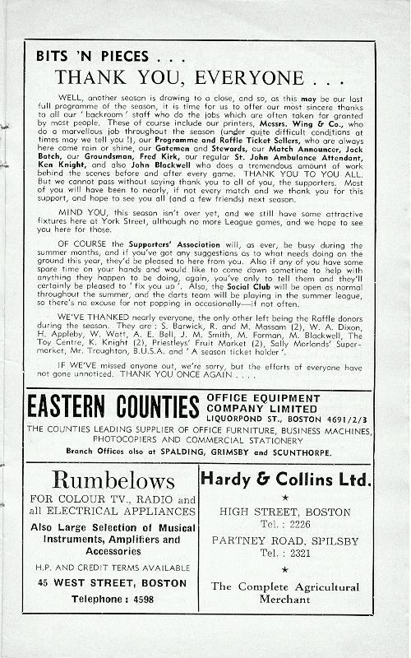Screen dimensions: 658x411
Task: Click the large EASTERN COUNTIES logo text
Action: click(113, 406)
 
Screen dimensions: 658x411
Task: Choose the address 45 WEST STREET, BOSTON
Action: click(112, 583)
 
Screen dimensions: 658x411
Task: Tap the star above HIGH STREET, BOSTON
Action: click(285, 498)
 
